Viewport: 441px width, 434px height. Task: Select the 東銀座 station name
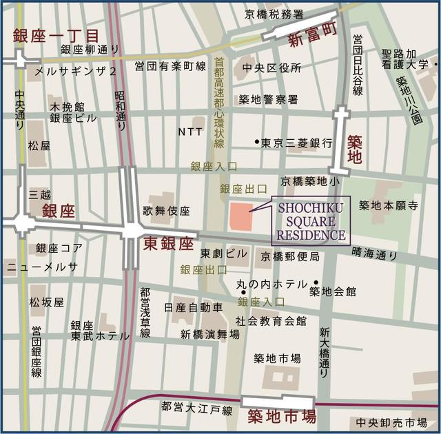tap(170, 244)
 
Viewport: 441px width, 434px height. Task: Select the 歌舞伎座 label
tap(166, 211)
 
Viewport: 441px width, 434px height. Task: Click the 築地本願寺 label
tap(389, 205)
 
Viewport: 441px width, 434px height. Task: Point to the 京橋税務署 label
tap(274, 14)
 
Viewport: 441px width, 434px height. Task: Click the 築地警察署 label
tap(268, 99)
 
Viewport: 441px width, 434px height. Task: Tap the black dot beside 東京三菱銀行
tap(256, 143)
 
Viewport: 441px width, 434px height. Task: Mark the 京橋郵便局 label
tap(289, 257)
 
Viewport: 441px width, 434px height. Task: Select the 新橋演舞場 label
tap(210, 334)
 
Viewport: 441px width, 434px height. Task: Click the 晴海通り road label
tap(374, 254)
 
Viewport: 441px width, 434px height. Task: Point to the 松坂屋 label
tap(46, 302)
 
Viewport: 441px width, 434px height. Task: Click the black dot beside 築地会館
tap(316, 282)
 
